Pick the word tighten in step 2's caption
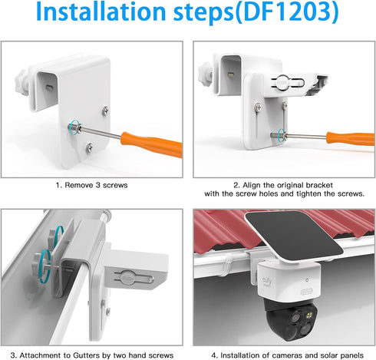(308, 194)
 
